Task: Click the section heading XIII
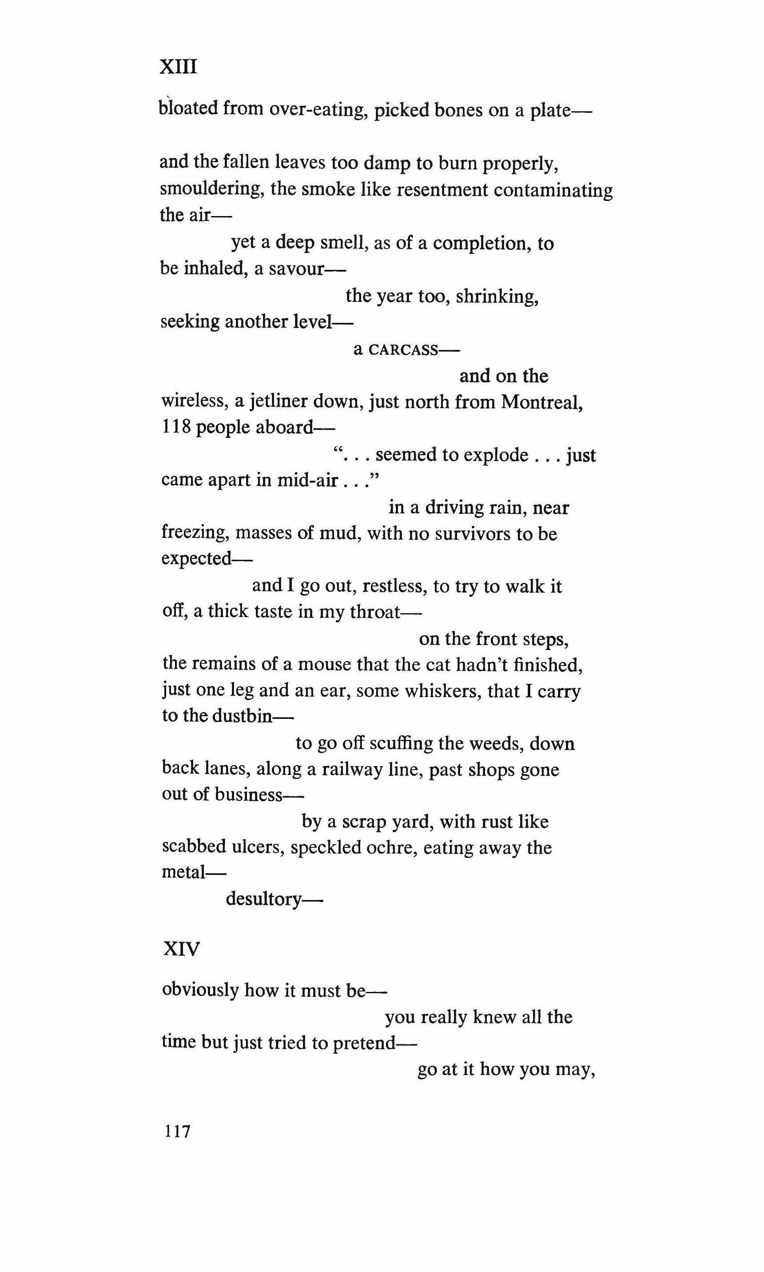(x=178, y=67)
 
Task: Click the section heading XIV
(x=181, y=948)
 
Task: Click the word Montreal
(x=541, y=401)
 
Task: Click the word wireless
(x=194, y=401)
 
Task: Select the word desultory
(x=263, y=899)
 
